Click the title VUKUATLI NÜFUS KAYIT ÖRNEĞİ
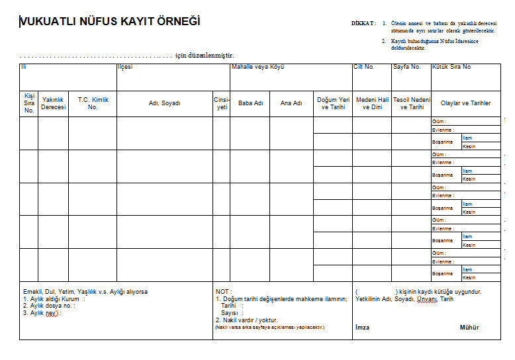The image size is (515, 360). coord(111,22)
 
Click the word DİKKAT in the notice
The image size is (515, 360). coord(363,23)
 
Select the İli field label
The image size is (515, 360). coord(23,67)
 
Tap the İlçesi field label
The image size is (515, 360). coord(125,67)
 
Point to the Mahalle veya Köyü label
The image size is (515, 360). coord(257,67)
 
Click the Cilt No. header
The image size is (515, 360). coord(364,67)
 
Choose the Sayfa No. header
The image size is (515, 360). coord(407,67)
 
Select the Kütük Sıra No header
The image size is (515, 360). coord(451,67)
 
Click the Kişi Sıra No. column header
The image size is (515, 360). coord(28,103)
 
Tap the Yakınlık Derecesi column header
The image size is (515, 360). coord(54,103)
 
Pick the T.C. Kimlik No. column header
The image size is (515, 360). coord(93,103)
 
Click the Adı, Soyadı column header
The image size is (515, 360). coord(164,103)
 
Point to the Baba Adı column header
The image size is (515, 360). coord(250,103)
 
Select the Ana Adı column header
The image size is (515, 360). coord(291,103)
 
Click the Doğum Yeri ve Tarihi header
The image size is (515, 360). coord(333,103)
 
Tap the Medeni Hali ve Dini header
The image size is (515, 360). coord(372,103)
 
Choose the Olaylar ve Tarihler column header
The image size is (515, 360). coord(466,103)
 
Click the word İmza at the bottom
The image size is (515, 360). coord(362,328)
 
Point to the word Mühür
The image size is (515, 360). coord(469,328)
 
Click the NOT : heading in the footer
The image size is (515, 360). coord(223,291)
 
